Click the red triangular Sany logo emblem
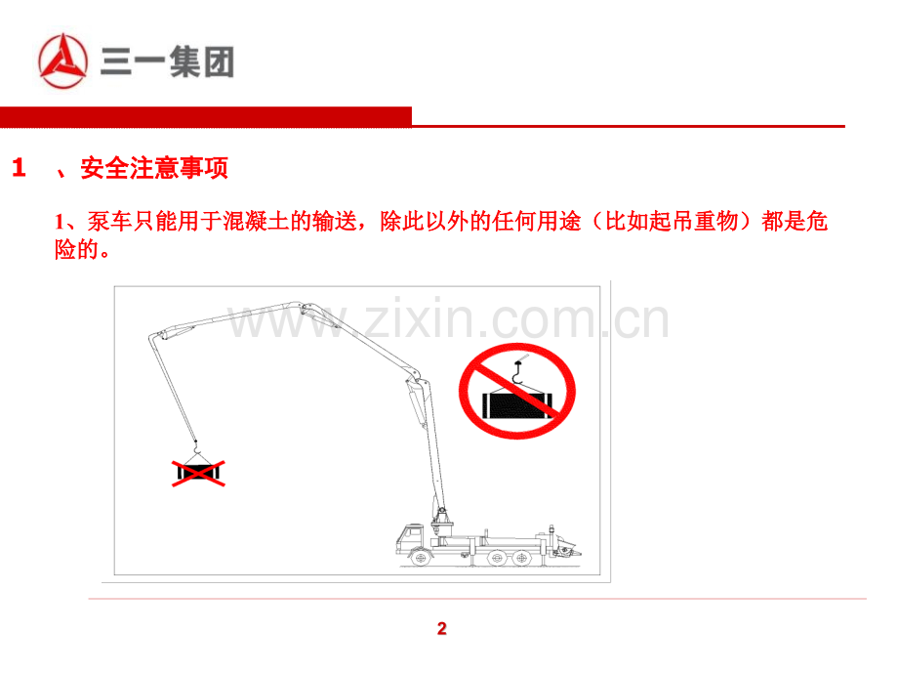(x=63, y=62)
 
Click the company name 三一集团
(x=167, y=62)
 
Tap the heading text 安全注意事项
(x=154, y=168)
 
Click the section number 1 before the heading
(x=19, y=168)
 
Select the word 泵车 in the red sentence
(x=109, y=221)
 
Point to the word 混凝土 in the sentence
(x=256, y=221)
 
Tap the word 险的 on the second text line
(x=77, y=249)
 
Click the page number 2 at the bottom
(x=441, y=629)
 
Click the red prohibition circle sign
(x=516, y=392)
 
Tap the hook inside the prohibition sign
(x=517, y=372)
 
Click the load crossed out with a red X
(x=198, y=472)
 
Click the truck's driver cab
(x=410, y=539)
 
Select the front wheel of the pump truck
(x=421, y=558)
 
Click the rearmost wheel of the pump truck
(x=520, y=558)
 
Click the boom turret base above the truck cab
(x=441, y=523)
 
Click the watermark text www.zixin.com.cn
(x=448, y=318)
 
